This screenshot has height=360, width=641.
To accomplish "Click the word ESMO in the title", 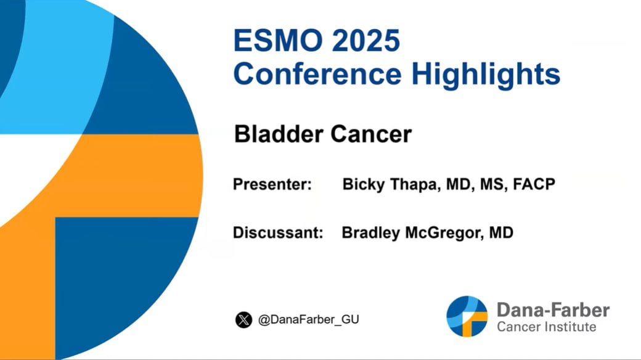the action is tap(278, 40).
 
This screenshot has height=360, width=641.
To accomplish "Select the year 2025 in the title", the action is tap(366, 40).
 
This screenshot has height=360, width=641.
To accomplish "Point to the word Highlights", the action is tap(486, 75).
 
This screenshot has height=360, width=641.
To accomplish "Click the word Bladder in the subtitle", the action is tap(279, 134).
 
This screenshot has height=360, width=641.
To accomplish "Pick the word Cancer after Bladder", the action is tap(371, 134).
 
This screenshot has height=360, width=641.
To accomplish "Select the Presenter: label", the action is tap(272, 184).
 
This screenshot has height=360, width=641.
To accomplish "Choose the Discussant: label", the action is tap(278, 232).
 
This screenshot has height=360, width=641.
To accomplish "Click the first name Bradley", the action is tap(371, 233).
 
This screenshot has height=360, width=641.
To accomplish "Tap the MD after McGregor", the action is tap(501, 232).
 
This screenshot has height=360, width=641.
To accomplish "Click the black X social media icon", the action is tap(243, 319).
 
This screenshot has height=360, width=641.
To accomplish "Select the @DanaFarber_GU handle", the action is tap(309, 319).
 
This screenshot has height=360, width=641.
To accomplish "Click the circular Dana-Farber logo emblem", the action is tap(467, 316).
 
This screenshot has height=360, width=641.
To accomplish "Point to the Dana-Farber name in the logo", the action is tap(553, 310).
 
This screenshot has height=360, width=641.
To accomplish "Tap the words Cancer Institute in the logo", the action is tap(547, 327).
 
